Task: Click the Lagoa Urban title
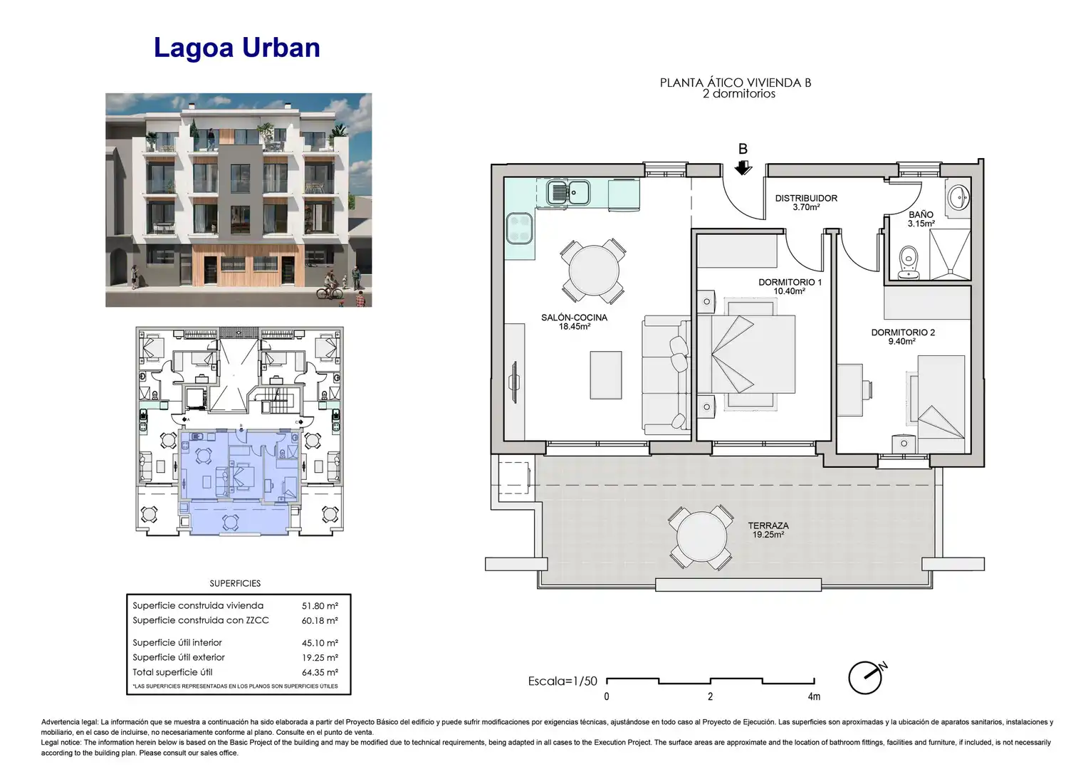(x=237, y=48)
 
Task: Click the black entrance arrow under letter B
(x=743, y=167)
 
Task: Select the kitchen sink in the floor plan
(x=568, y=192)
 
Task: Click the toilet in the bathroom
(x=909, y=262)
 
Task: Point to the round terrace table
(x=701, y=538)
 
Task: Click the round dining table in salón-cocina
(x=594, y=271)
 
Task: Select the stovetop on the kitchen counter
(x=519, y=229)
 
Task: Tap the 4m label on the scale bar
(x=814, y=696)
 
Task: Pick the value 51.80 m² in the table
(x=320, y=606)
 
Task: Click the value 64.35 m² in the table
(x=320, y=673)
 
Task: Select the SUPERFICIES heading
(x=235, y=583)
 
